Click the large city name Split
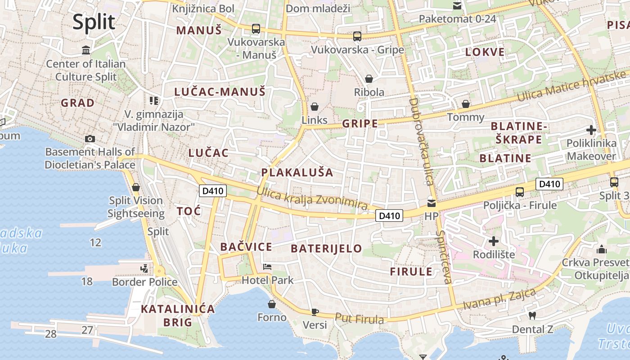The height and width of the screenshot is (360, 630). pos(94,22)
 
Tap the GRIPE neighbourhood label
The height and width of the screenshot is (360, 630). pos(360,124)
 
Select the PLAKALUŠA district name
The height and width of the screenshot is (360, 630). pos(297,172)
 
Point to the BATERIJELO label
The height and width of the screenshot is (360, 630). pos(326,248)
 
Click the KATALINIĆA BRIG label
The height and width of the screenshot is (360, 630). pos(178,315)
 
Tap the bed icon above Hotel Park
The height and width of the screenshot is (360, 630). pos(267,267)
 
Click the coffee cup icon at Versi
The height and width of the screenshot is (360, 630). pos(315,311)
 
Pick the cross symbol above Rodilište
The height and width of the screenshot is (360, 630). pos(494,241)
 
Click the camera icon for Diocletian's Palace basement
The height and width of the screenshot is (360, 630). pos(90,139)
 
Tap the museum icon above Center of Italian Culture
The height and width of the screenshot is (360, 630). pos(86,50)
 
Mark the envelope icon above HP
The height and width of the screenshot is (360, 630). pos(432,203)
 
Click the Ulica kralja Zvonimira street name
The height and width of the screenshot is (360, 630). pos(312,198)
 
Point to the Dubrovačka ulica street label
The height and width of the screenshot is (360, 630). pos(421,141)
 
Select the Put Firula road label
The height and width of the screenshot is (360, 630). pos(359,319)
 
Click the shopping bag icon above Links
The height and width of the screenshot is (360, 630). pos(315,107)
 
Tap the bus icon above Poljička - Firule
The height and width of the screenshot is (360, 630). pos(520,192)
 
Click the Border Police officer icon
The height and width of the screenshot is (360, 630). pos(144,269)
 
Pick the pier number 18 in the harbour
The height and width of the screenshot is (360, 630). pos(87,282)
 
